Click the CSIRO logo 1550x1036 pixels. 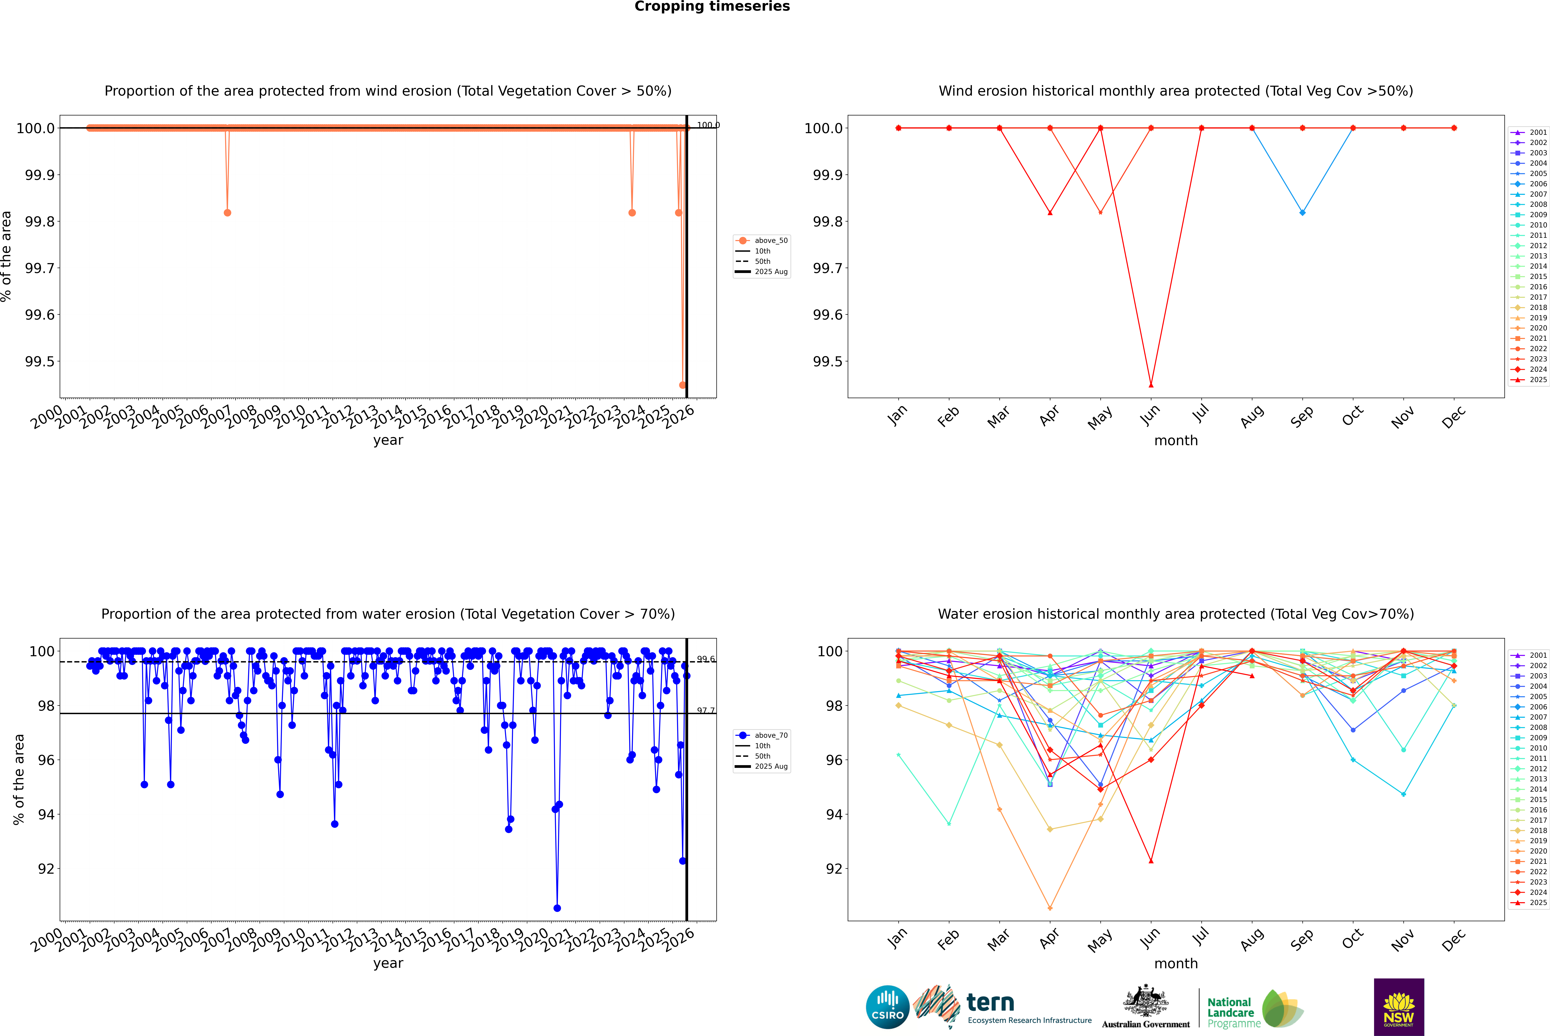887,1007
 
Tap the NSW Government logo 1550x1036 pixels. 1399,1007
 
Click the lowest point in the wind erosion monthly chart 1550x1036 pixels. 1151,385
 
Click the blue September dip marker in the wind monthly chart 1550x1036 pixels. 1302,213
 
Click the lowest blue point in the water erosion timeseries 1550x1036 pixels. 557,908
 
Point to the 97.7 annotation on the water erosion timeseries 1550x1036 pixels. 706,710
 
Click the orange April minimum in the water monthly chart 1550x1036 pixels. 1050,908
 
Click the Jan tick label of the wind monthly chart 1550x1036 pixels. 897,416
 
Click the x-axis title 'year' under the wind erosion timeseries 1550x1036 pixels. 388,440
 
